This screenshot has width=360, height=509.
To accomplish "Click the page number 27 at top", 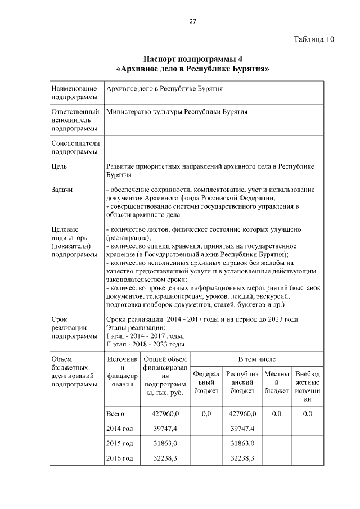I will point(192,21).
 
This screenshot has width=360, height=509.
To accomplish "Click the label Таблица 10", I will point(314,39).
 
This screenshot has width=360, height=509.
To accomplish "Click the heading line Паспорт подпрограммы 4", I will point(192,59).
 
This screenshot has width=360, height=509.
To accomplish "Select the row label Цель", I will point(59,167).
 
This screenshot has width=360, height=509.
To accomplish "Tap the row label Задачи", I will point(62,190).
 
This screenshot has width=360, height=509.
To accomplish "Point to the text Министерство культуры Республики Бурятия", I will point(177,112).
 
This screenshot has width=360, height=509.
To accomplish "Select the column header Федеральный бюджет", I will point(206,382).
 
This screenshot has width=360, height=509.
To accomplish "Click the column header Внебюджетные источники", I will point(307,386).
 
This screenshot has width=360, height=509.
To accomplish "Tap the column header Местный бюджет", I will point(276,382).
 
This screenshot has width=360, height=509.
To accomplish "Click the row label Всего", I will point(115,414).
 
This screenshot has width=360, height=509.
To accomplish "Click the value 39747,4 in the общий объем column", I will point(165,429).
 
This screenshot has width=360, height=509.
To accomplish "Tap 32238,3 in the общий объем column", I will point(165,458).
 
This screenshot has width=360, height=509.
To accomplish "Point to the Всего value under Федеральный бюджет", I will point(206,414).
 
